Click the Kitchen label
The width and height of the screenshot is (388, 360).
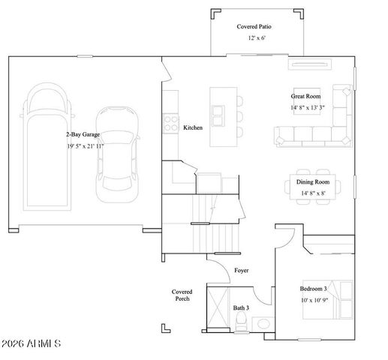click(193, 128)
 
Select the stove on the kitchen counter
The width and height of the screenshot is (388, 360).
click(170, 122)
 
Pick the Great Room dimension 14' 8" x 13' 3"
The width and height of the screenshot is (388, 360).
click(308, 107)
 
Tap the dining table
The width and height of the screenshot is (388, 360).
click(314, 187)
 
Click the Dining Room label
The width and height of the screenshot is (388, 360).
click(313, 182)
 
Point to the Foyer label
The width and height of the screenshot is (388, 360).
click(241, 270)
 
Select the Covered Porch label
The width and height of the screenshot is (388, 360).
click(182, 295)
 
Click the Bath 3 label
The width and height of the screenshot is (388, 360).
click(240, 307)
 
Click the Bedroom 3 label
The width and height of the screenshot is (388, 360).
click(314, 289)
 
